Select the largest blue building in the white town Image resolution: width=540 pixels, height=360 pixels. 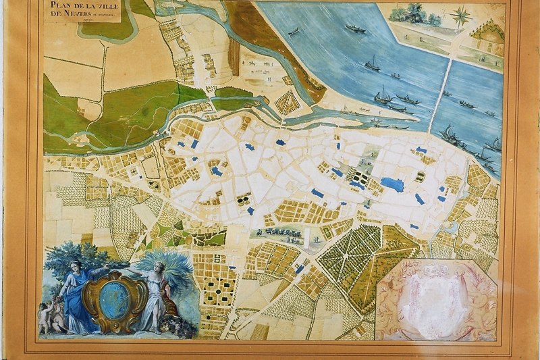point(391,182)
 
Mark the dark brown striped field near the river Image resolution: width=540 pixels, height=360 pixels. point(234,57)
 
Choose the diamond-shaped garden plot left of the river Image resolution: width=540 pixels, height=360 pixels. point(287,102)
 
